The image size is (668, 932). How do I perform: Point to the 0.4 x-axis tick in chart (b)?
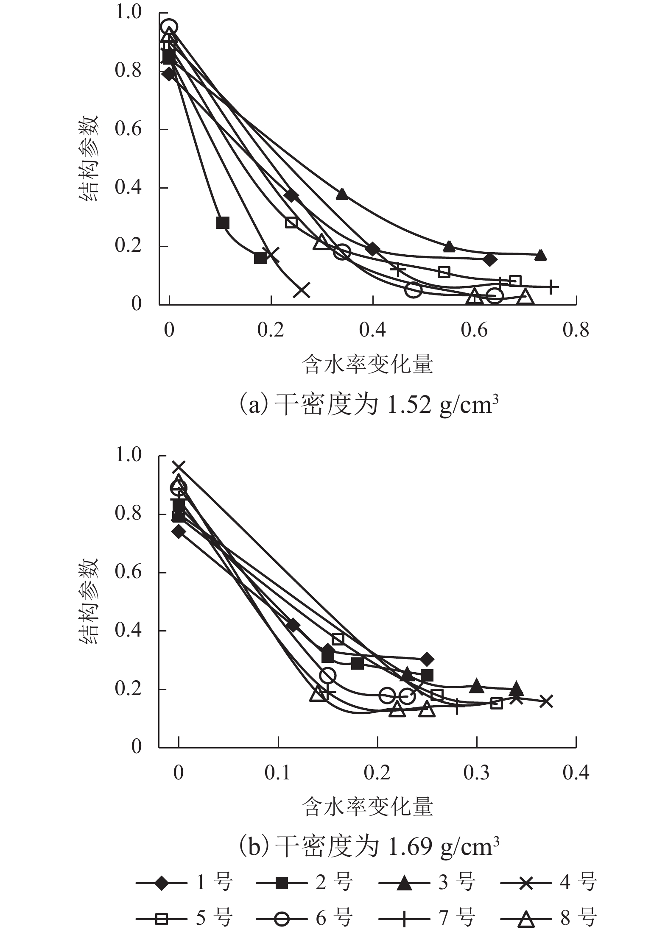click(x=576, y=772)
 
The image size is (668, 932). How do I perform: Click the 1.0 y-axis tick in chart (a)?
click(x=128, y=13)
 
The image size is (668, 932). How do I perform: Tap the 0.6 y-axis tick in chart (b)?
click(x=128, y=572)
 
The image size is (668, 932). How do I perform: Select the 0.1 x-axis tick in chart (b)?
click(x=278, y=772)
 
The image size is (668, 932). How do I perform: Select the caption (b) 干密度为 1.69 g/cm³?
click(x=369, y=847)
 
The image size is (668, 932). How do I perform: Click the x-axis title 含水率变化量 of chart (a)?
click(x=367, y=365)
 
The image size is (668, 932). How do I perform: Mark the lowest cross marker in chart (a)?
click(x=303, y=290)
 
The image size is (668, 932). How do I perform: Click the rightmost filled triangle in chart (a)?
click(x=540, y=255)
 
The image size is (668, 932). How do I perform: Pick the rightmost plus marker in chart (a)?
click(x=551, y=287)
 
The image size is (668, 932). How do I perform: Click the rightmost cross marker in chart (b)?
click(x=546, y=701)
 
